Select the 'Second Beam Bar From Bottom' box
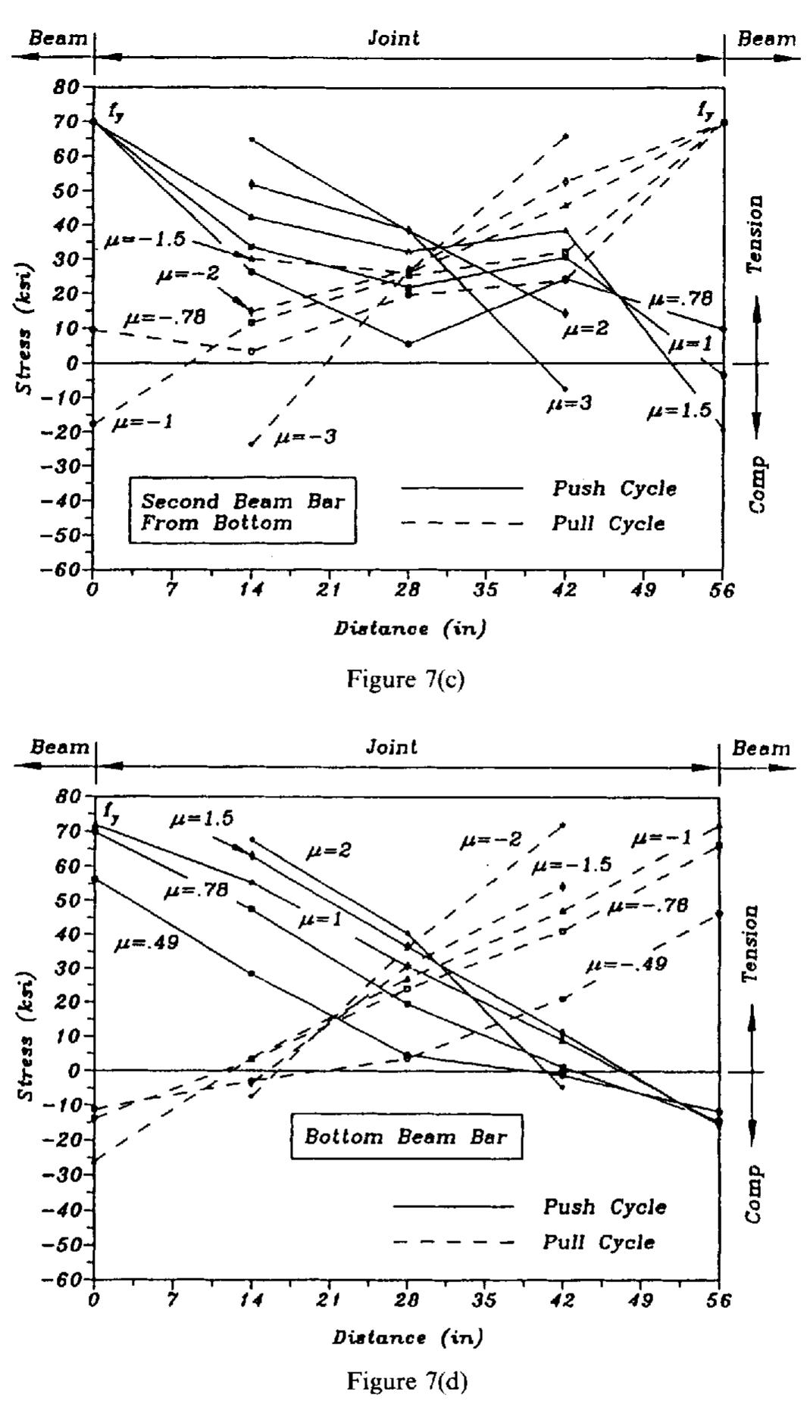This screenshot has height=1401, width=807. pyautogui.click(x=242, y=512)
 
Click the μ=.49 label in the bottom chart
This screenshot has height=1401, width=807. pyautogui.click(x=146, y=944)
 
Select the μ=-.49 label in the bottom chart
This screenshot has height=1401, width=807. pyautogui.click(x=626, y=964)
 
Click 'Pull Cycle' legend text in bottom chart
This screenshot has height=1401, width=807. pyautogui.click(x=599, y=1242)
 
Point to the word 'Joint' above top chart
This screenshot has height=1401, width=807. pyautogui.click(x=393, y=38)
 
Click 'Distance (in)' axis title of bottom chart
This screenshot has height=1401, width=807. pyautogui.click(x=406, y=1337)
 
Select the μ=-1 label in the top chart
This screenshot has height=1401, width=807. pyautogui.click(x=142, y=422)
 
